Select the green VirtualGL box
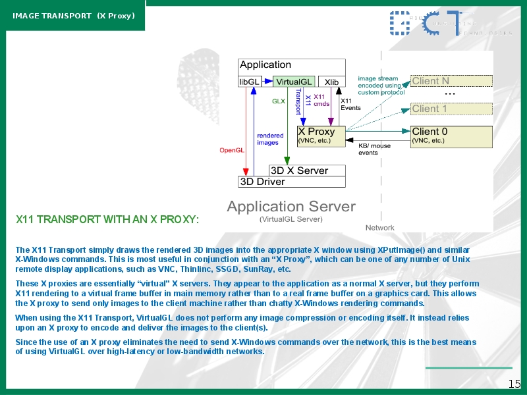point(294,82)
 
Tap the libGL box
point(249,82)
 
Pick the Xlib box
point(331,82)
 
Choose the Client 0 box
point(452,136)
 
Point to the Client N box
point(452,81)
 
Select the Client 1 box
point(452,109)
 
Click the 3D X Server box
point(308,171)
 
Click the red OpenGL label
point(232,150)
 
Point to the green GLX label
point(279,101)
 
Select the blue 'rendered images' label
point(270,139)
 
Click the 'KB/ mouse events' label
point(374,149)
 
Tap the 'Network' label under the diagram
point(380,228)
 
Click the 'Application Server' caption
point(291,207)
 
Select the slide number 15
point(514,384)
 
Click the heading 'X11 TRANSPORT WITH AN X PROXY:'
point(107,219)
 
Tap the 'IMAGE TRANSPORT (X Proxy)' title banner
point(73,15)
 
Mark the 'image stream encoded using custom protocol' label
point(381,86)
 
